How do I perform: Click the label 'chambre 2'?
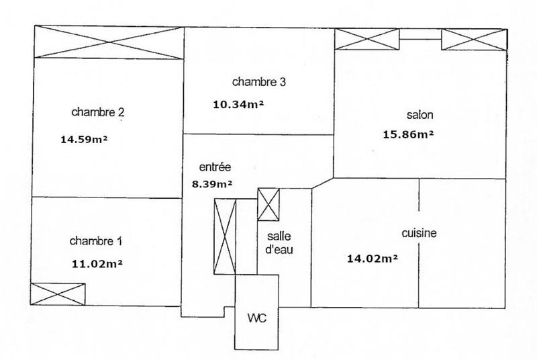[x=97, y=112]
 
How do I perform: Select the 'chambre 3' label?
[x=259, y=83]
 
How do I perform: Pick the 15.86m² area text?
[x=407, y=134]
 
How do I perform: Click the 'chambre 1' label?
[x=96, y=241]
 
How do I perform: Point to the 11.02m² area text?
[x=97, y=263]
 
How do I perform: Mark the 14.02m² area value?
[x=371, y=257]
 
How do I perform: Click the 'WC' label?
[x=257, y=318]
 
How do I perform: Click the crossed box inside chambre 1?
[x=58, y=294]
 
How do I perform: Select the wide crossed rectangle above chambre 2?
[x=108, y=42]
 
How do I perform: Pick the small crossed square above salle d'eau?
[x=268, y=204]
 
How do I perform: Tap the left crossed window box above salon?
[x=358, y=40]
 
